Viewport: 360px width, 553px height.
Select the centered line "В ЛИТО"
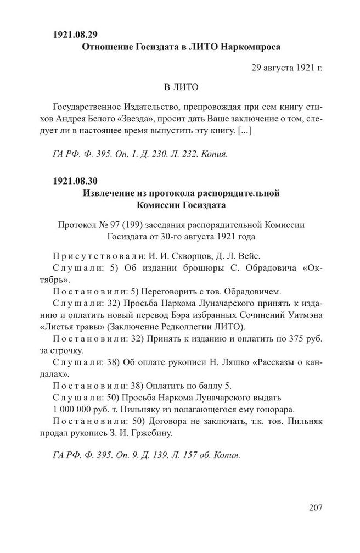pyautogui.click(x=181, y=87)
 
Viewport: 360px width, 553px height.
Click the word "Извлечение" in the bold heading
pyautogui.click(x=109, y=193)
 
